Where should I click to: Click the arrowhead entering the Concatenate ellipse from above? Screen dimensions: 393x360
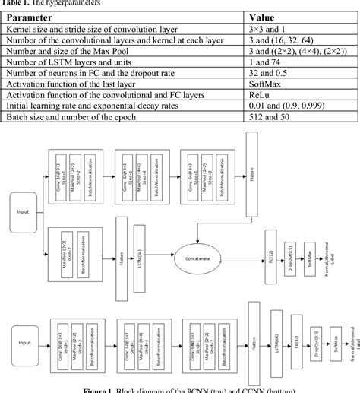pos(198,242)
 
